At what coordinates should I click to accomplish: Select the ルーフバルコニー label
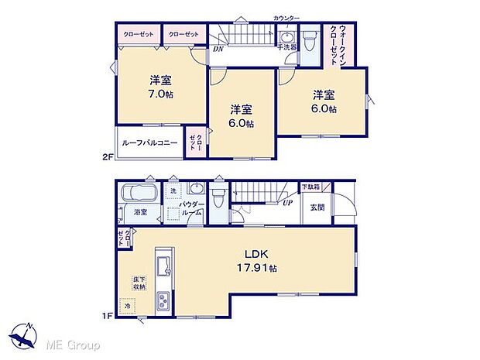[149, 142]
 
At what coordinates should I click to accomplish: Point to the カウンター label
[287, 17]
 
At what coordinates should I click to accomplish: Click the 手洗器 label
[287, 47]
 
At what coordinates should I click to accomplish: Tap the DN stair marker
[218, 49]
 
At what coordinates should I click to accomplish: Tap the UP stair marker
[288, 203]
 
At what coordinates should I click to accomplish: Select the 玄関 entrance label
[318, 207]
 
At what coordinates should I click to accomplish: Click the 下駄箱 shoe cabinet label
[310, 187]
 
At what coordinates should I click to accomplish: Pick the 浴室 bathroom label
[141, 211]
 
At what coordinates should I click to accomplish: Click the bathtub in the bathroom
[139, 192]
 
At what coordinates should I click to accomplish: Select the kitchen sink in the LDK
[163, 265]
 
